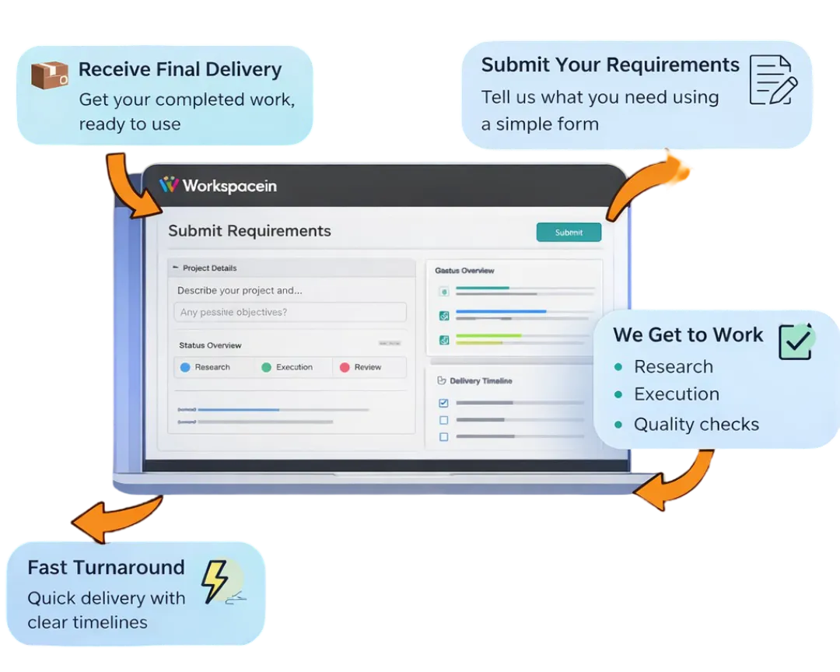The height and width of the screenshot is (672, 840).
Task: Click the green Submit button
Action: pos(569,233)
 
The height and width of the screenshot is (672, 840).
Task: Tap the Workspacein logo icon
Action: pos(169,185)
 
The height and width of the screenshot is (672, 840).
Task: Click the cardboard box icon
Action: pos(50,75)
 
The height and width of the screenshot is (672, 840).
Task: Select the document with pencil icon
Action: pos(772,80)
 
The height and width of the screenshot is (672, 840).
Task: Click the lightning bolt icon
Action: pos(215,581)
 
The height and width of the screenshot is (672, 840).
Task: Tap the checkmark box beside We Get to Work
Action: pos(795,342)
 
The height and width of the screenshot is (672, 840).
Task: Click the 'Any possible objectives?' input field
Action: pos(289,313)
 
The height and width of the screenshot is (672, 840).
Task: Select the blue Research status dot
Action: pos(185,367)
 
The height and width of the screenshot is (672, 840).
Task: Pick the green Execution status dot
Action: pos(266,367)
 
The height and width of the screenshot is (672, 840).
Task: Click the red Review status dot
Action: pos(345,367)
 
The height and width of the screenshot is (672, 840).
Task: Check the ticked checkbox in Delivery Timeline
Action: pos(443,403)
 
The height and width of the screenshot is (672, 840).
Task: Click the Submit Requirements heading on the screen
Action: pos(250,231)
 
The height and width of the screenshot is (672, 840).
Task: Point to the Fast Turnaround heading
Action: pos(106,568)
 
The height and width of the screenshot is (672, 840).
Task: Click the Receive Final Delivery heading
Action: pos(180,70)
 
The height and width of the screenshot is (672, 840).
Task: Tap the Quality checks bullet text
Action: pos(696,425)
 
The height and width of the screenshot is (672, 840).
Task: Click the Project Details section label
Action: pos(209,268)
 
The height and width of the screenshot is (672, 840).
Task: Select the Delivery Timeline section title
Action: pos(481,381)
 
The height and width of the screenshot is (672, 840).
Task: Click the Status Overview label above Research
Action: pos(210,345)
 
